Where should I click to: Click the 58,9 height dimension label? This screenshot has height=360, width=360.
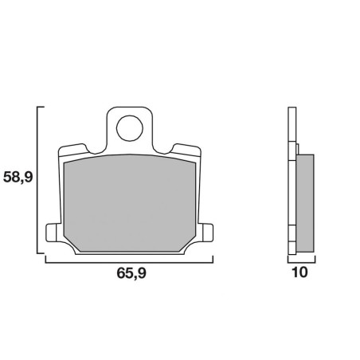18,178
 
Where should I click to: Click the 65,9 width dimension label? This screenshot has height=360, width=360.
131,273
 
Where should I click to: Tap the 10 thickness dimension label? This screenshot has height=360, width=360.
299,272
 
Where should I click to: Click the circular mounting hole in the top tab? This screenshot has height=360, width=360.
130,128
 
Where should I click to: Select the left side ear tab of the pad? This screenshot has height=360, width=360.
51,233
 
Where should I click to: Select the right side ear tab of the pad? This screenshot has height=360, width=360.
208,233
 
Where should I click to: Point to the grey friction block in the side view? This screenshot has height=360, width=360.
305,203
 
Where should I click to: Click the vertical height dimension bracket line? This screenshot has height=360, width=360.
37,180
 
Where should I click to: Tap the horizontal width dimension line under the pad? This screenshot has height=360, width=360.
129,263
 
